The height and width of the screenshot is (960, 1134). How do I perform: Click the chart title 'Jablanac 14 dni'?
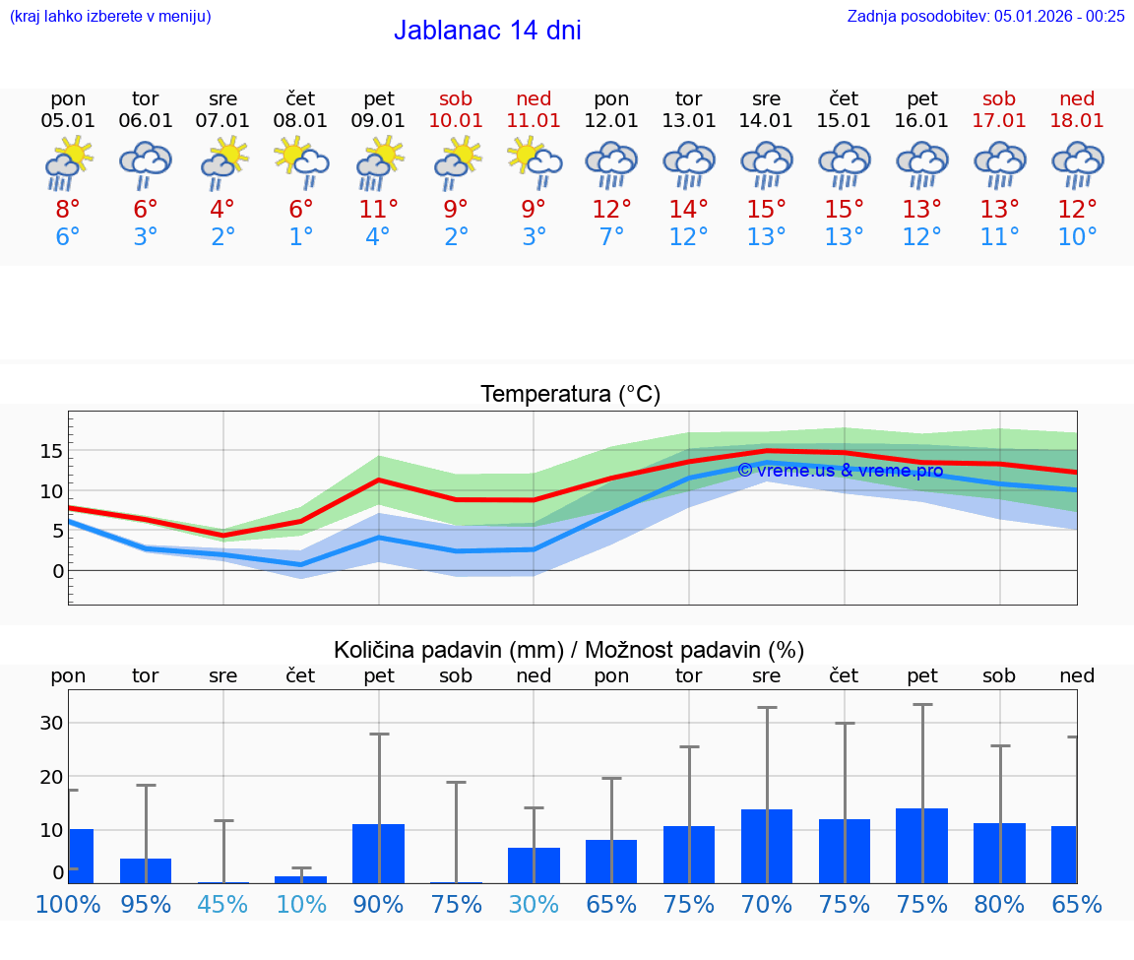(487, 31)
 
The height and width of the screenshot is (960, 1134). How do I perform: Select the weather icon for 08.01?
(301, 162)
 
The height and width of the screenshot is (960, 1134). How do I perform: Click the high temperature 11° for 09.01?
(379, 210)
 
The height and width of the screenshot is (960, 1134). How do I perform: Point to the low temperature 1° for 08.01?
(301, 237)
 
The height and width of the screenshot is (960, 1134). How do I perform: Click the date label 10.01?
(456, 120)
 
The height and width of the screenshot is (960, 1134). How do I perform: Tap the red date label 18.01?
(1077, 120)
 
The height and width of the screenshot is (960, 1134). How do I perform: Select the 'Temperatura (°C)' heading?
(570, 394)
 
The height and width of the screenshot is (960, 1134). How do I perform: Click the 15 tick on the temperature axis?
(51, 451)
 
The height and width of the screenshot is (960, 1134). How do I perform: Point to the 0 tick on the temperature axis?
(58, 571)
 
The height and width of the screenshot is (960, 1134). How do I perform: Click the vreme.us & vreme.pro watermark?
(840, 470)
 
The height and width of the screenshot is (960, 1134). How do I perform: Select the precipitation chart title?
(569, 650)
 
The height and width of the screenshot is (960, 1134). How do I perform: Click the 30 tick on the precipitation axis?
(51, 723)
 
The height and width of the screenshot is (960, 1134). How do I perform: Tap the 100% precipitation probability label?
(68, 904)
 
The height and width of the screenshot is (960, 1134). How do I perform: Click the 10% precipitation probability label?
(301, 904)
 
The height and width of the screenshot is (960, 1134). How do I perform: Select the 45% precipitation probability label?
(223, 904)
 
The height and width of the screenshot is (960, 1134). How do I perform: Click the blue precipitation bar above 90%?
(379, 854)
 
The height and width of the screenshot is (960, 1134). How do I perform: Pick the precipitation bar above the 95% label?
(146, 870)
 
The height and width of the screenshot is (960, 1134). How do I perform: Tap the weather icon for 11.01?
(534, 162)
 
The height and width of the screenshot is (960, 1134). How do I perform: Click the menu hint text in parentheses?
(110, 16)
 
